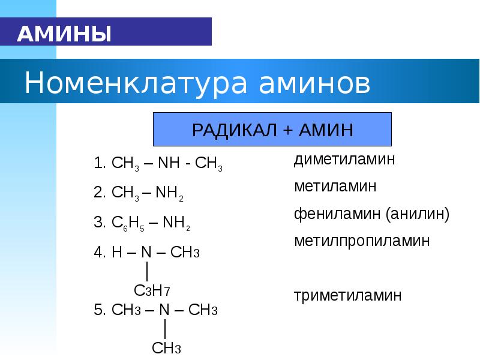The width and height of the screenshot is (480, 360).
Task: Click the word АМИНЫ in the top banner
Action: pyautogui.click(x=64, y=34)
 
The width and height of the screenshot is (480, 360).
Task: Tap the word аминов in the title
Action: pyautogui.click(x=314, y=83)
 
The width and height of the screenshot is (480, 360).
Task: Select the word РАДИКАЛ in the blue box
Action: pyautogui.click(x=234, y=130)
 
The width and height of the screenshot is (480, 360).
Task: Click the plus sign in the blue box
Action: pyautogui.click(x=288, y=130)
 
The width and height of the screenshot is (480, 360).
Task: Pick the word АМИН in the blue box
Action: pyautogui.click(x=326, y=130)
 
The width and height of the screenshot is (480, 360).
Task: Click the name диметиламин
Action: pyautogui.click(x=344, y=160)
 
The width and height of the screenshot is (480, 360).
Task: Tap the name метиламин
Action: pyautogui.click(x=335, y=186)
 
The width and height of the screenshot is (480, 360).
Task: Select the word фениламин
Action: pyautogui.click(x=337, y=214)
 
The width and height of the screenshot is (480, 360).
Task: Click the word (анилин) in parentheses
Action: pyautogui.click(x=418, y=214)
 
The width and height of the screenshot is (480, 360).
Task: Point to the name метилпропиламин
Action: pyautogui.click(x=362, y=241)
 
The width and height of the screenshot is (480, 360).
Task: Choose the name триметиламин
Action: pyautogui.click(x=348, y=296)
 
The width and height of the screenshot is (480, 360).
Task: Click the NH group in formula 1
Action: pyautogui.click(x=169, y=163)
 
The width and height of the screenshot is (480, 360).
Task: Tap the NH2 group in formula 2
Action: pyautogui.click(x=169, y=193)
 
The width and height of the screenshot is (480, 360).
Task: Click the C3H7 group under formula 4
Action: pyautogui.click(x=152, y=290)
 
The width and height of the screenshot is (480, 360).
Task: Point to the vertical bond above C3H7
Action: pyautogui.click(x=147, y=271)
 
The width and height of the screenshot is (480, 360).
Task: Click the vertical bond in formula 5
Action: pyautogui.click(x=166, y=329)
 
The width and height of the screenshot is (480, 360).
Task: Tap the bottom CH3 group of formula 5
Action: pyautogui.click(x=166, y=348)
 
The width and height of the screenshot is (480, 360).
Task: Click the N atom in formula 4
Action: pyautogui.click(x=146, y=252)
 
